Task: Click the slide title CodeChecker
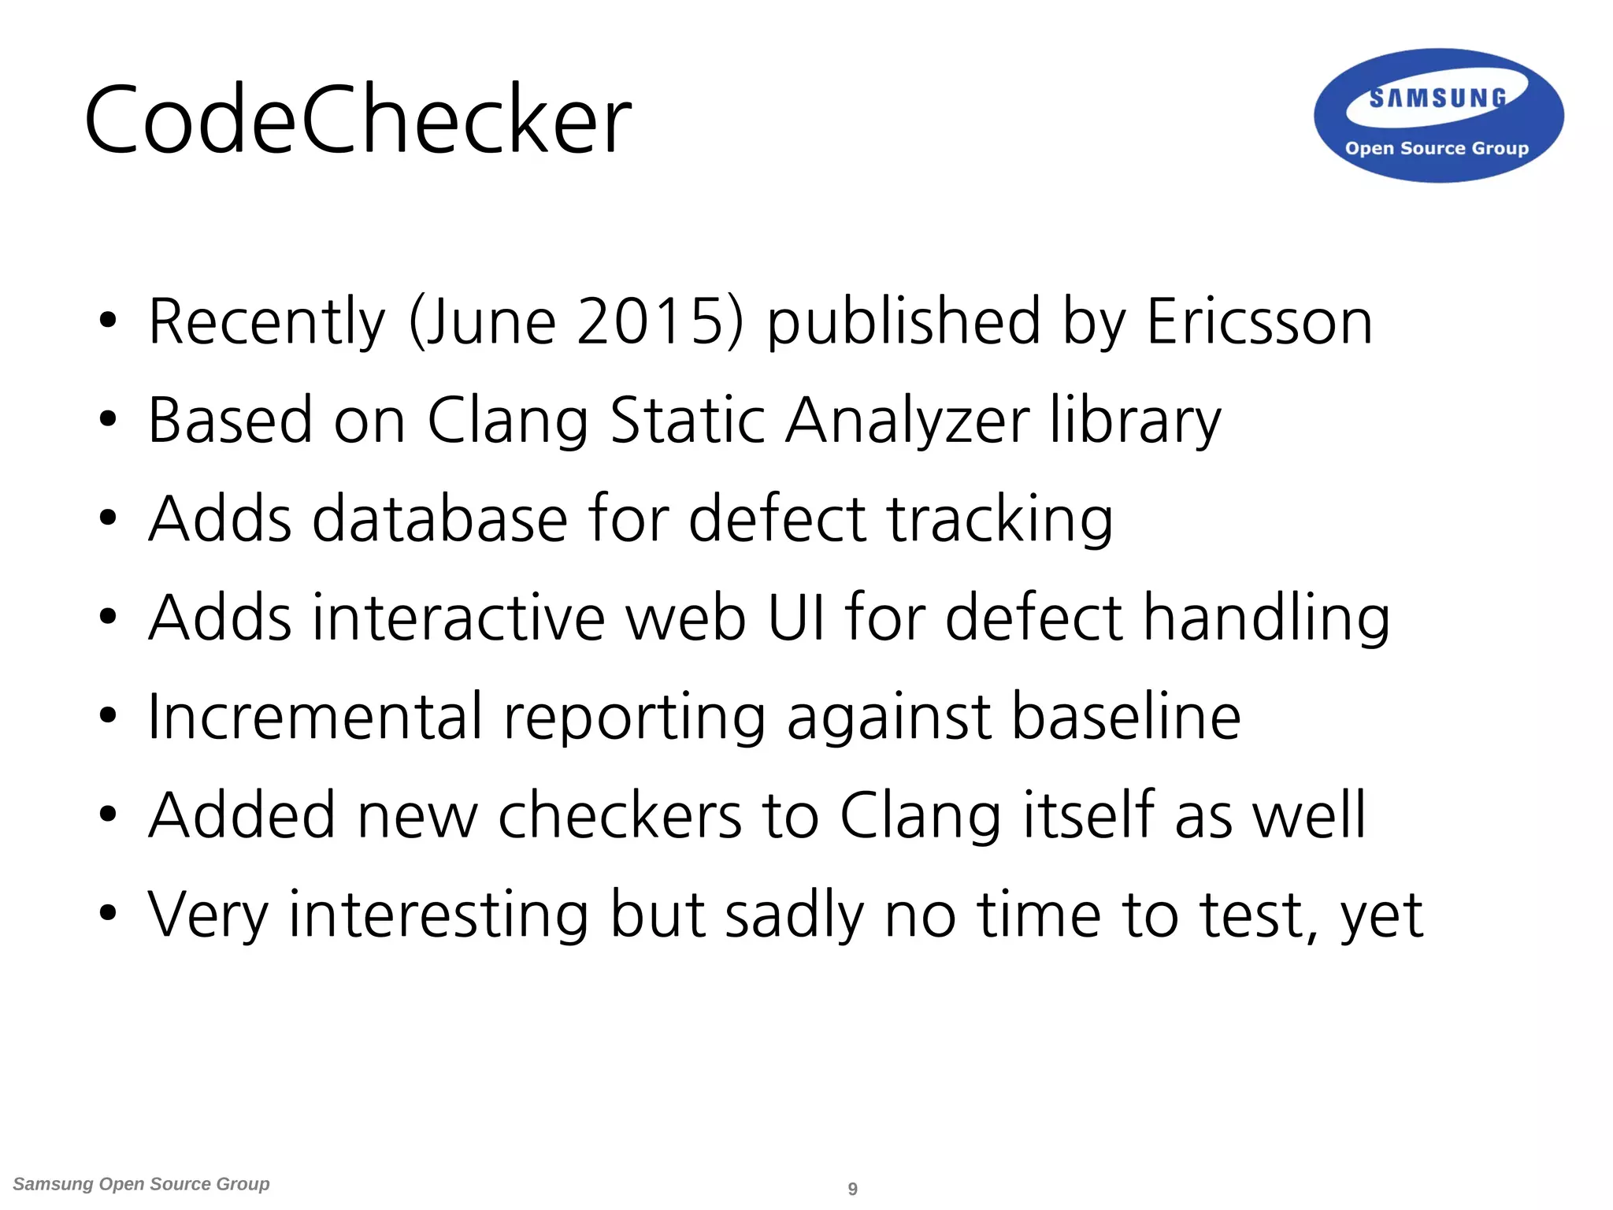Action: (358, 120)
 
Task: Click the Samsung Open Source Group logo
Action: (1438, 117)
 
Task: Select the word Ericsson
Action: (1259, 321)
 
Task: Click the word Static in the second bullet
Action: (688, 420)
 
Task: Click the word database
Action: (439, 518)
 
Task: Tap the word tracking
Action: (1000, 520)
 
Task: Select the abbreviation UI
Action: (795, 617)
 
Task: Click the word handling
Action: (1266, 618)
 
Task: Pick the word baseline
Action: (1126, 716)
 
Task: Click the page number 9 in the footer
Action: (852, 1189)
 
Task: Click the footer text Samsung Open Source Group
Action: (142, 1184)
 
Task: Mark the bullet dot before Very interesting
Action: (108, 914)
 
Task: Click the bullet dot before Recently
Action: (108, 321)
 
